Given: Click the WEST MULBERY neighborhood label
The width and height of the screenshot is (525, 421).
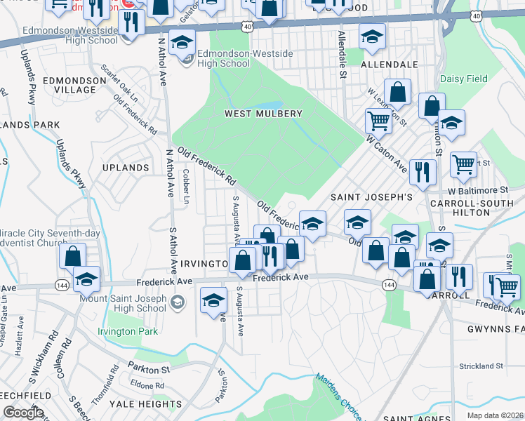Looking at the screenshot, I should pos(263,114).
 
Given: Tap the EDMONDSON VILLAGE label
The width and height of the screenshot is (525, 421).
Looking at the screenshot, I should pos(69,85).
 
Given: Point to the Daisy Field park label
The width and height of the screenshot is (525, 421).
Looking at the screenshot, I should pos(463,79).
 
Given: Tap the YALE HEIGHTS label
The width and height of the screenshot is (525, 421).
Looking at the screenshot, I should pos(147,404).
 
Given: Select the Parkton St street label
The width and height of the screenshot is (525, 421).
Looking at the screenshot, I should pos(149,369).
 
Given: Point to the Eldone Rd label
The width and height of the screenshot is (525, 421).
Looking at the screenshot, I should pos(147,385).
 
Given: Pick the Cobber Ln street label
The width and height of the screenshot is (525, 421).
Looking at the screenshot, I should pos(186,186).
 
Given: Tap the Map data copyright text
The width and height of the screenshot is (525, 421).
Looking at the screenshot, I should pos(495,415).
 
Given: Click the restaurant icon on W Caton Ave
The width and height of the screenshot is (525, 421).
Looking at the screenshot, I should pos(422,172).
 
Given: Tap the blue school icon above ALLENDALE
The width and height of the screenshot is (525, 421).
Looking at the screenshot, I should pos(372,36).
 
